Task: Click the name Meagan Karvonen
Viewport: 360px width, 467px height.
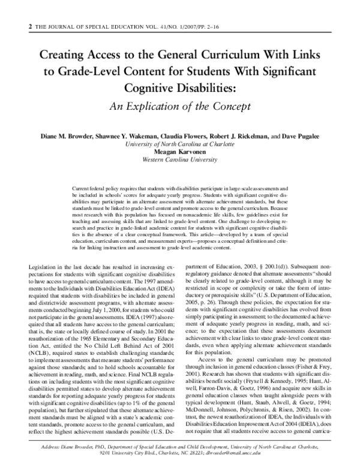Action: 180,152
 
